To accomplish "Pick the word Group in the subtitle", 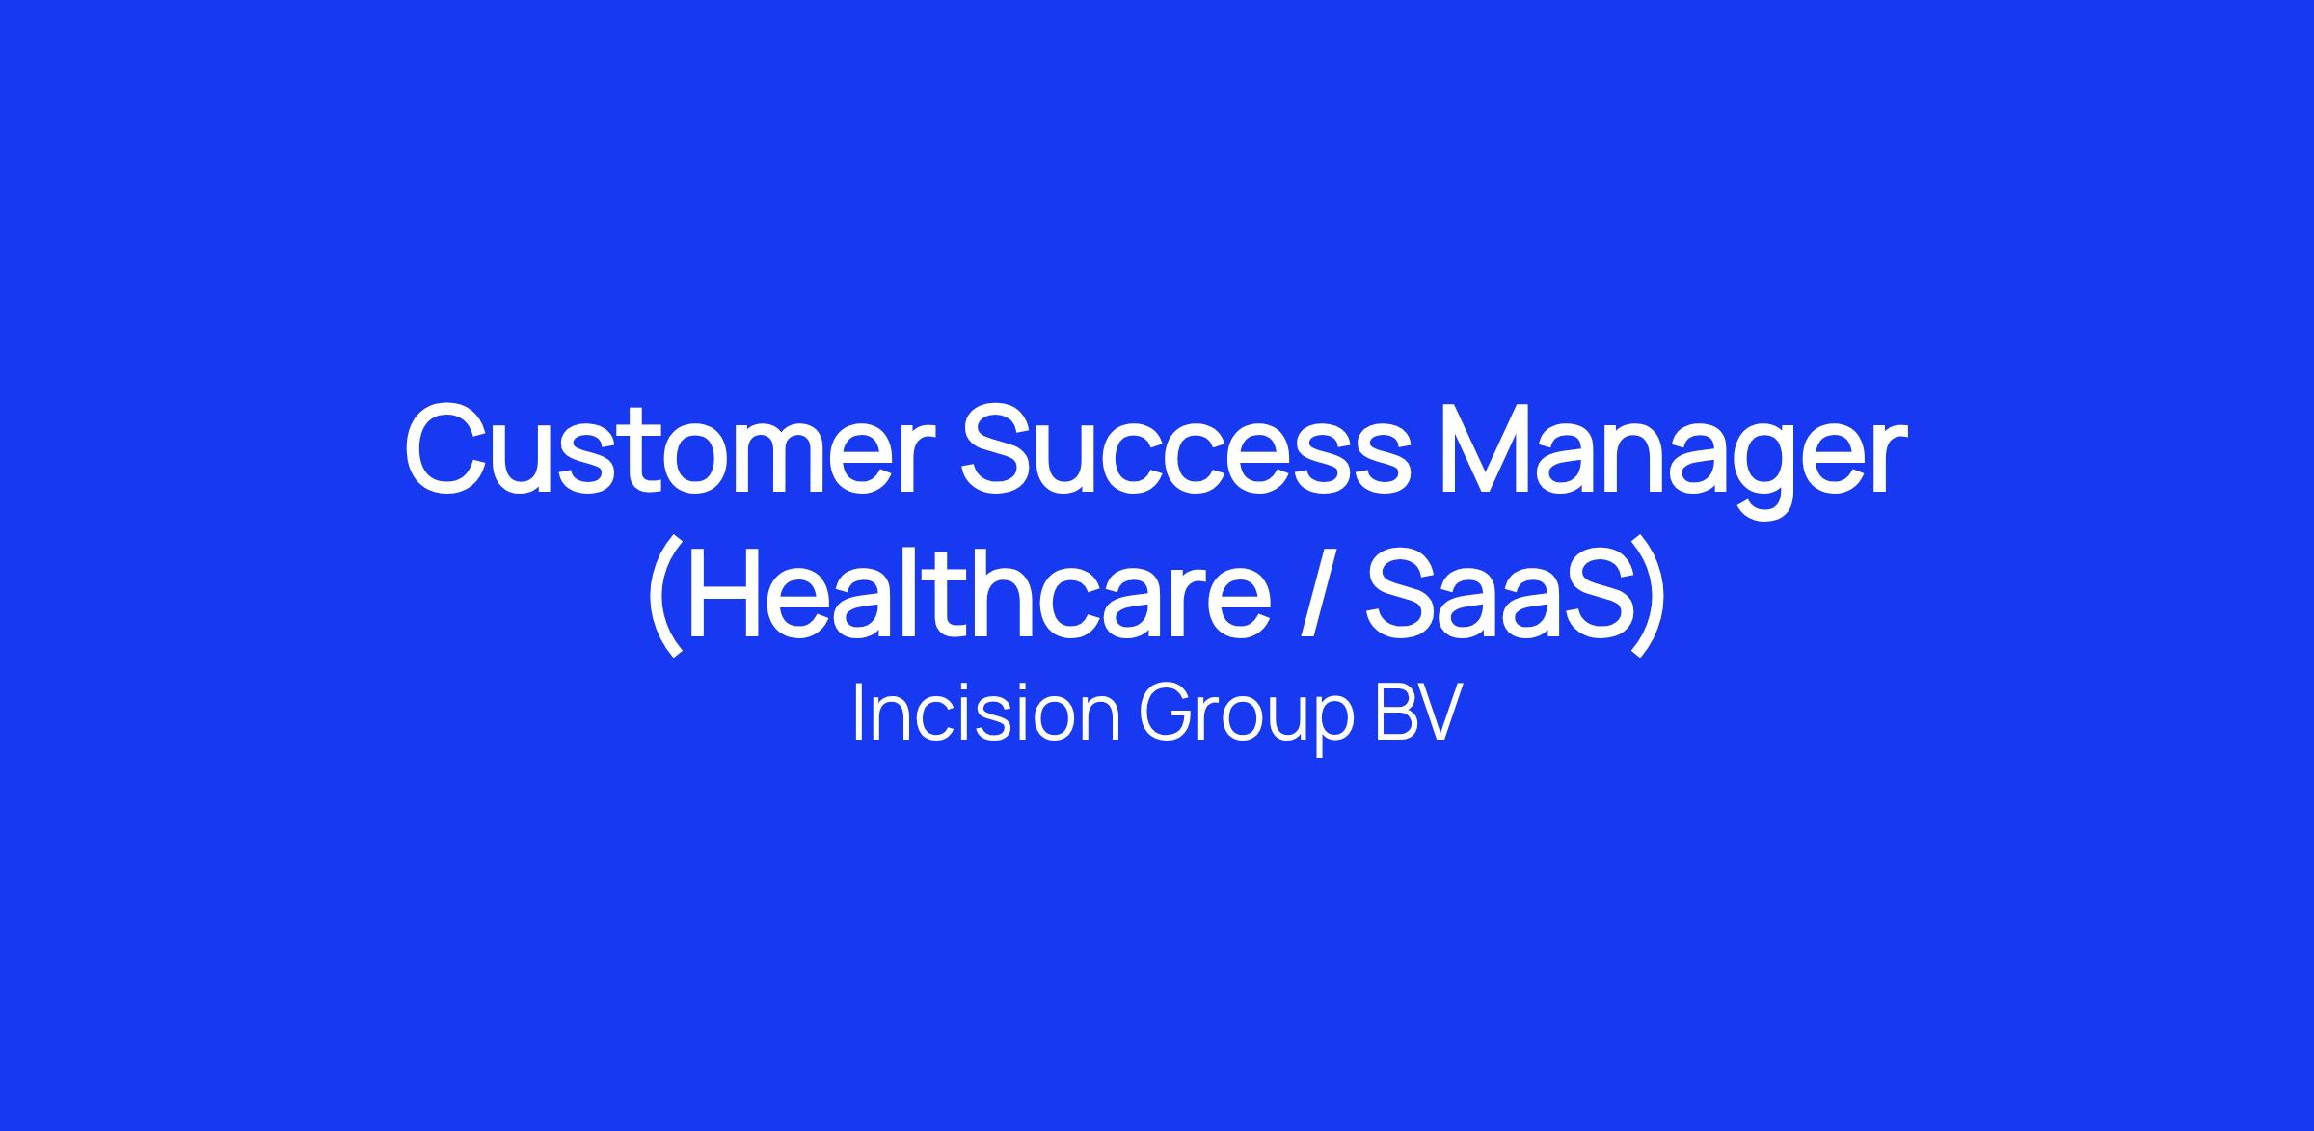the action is [x=1247, y=719].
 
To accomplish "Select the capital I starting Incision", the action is [x=858, y=714].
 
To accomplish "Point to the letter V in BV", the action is [x=1438, y=714].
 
